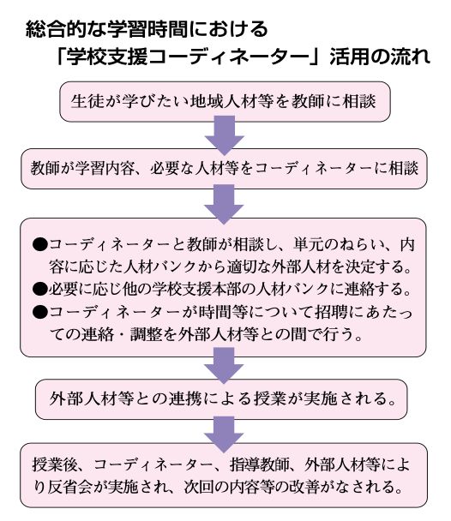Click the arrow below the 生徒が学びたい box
[x=225, y=135]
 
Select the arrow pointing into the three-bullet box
[x=224, y=204]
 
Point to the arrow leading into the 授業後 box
[x=224, y=434]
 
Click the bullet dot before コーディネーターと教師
[x=40, y=245]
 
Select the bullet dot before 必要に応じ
[x=40, y=289]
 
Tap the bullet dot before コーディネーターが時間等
[x=40, y=312]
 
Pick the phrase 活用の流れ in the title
[x=380, y=57]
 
